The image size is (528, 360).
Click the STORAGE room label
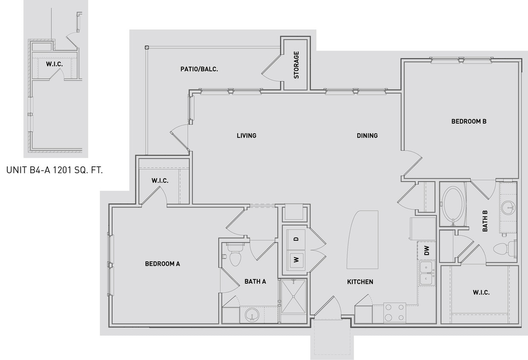(x=296, y=65)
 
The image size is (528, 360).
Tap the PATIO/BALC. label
(x=199, y=69)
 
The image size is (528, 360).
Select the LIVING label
(x=247, y=136)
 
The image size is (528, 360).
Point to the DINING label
(x=367, y=136)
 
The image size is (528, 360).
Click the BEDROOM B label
(x=469, y=122)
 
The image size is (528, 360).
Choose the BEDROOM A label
(x=162, y=264)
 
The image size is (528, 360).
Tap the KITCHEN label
(x=360, y=282)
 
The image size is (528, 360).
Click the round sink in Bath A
(x=252, y=315)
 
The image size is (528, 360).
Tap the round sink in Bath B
(x=508, y=208)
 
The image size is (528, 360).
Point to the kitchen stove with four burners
(x=395, y=312)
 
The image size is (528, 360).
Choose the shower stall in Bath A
(x=293, y=300)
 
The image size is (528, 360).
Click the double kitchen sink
(x=426, y=273)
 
